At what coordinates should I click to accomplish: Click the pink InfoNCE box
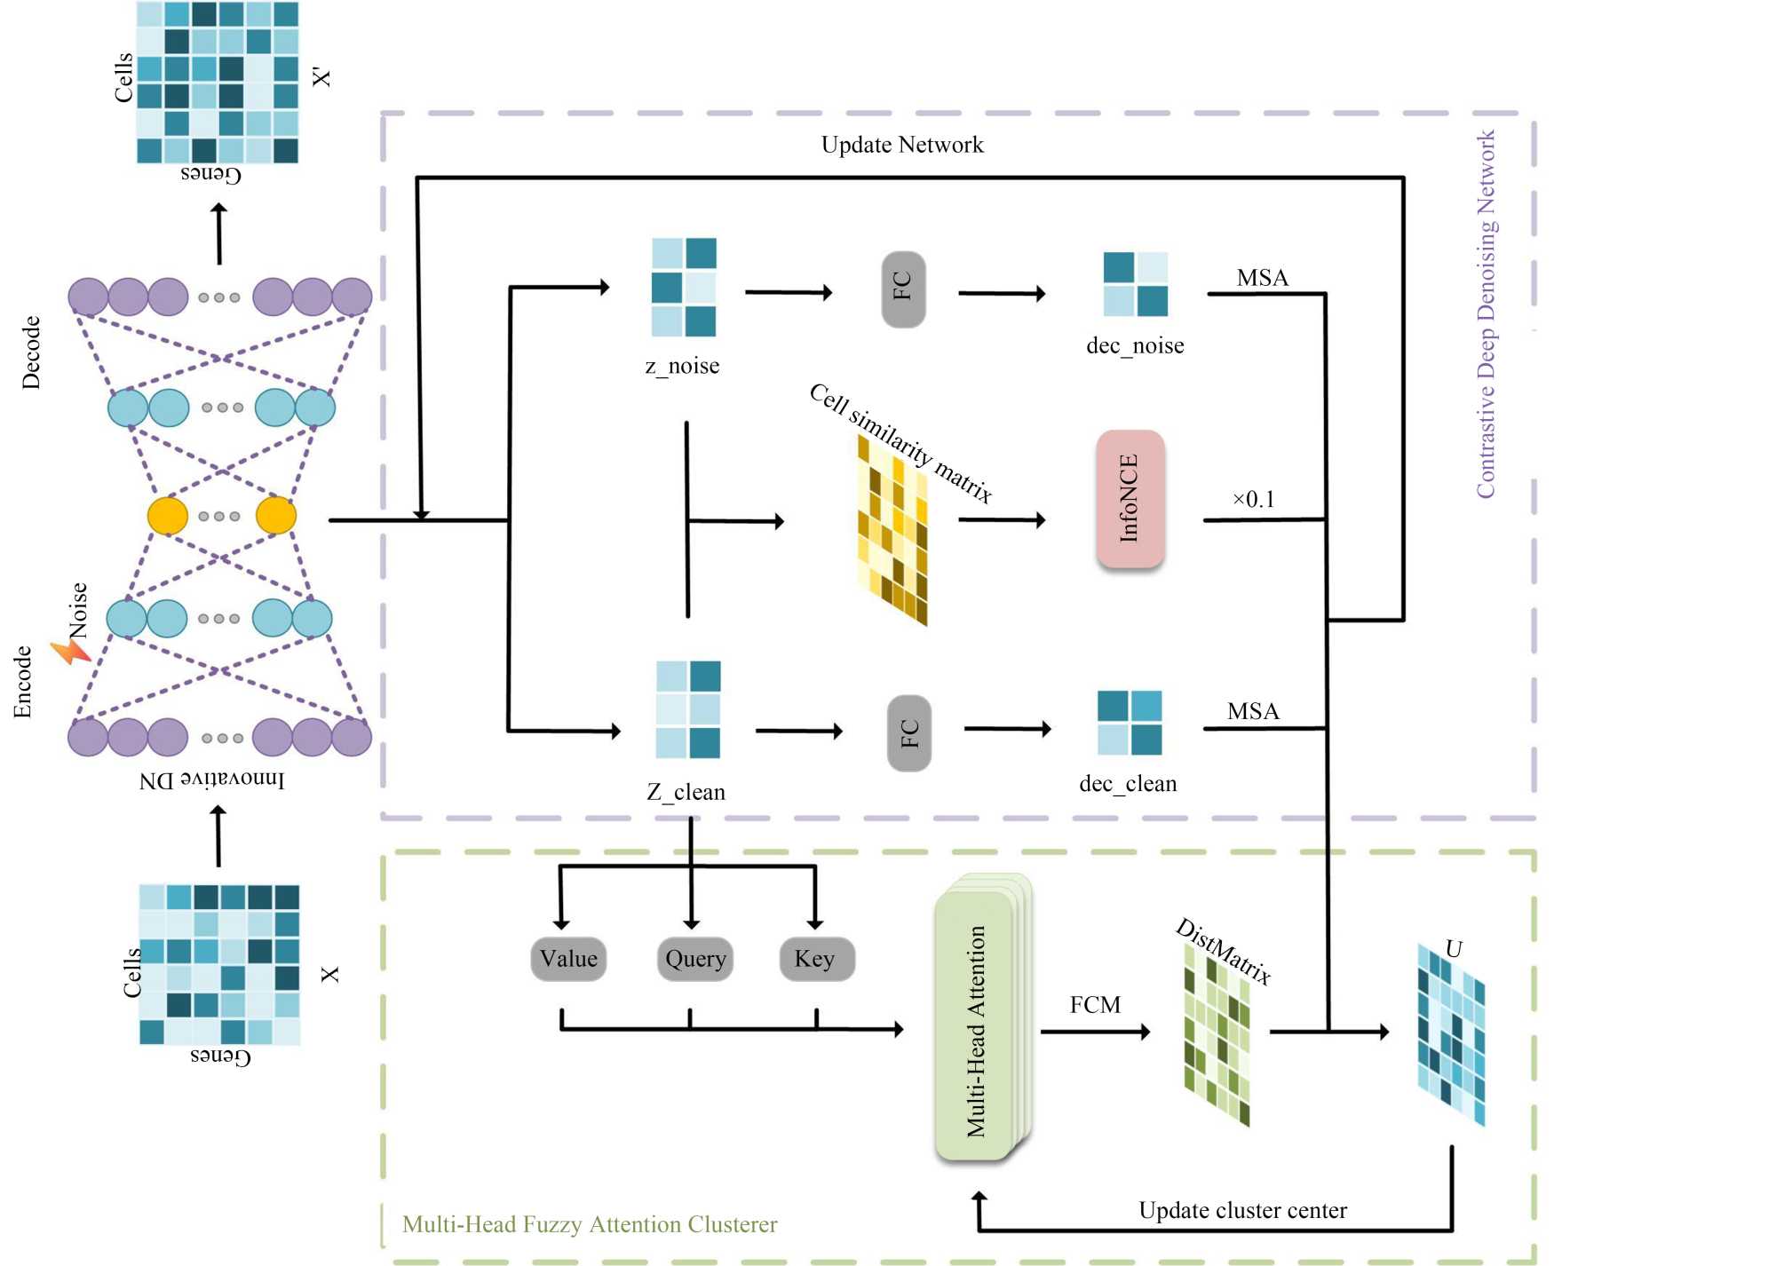[1130, 499]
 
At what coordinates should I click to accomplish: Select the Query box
[695, 959]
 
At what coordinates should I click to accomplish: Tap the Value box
[568, 959]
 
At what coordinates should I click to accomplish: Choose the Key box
[816, 959]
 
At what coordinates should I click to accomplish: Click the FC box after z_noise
[903, 289]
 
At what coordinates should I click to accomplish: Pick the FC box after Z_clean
[909, 732]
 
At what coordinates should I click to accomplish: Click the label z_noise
[682, 366]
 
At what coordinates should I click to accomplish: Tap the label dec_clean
[1128, 783]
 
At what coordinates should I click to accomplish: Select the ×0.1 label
[1253, 499]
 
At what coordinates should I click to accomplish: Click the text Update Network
[902, 145]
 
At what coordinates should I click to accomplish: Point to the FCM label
[1095, 1005]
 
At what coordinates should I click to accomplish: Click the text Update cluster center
[1242, 1210]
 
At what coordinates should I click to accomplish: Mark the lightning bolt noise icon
[71, 653]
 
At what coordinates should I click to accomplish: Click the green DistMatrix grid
[1217, 1034]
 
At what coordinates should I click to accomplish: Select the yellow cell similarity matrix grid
[892, 530]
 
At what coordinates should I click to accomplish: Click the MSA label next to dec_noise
[1262, 278]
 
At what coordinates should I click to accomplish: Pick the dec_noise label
[1135, 345]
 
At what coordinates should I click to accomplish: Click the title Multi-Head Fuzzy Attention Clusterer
[590, 1224]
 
